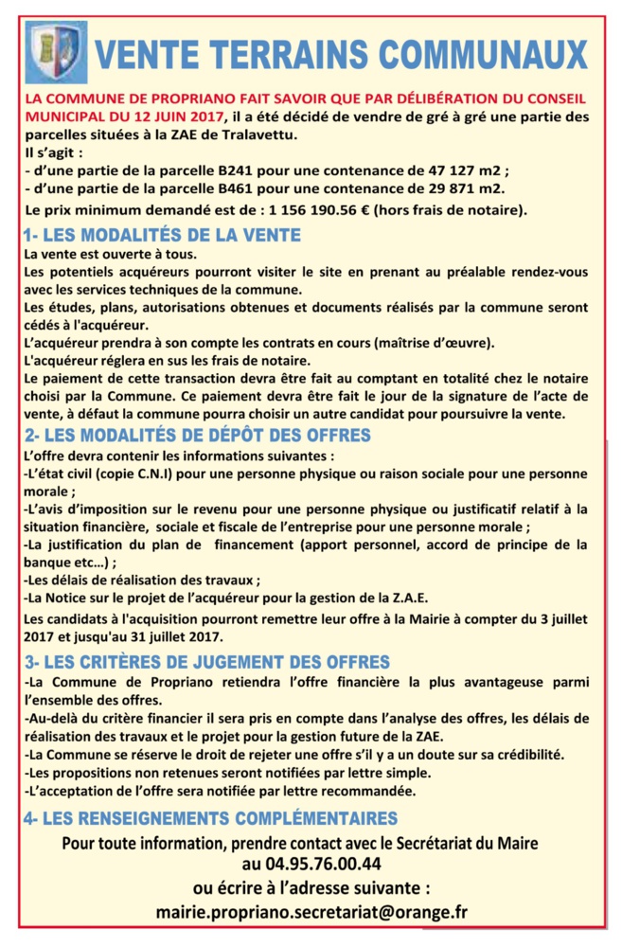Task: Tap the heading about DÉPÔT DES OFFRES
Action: click(196, 435)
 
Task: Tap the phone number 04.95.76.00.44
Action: click(311, 864)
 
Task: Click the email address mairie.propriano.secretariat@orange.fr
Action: click(311, 912)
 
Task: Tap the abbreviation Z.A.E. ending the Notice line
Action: click(406, 598)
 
